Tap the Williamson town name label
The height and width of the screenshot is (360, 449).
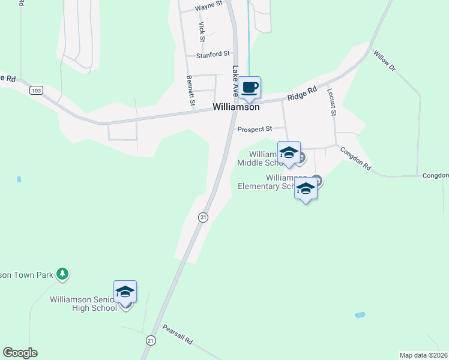tap(236, 107)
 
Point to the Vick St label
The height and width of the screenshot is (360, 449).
tap(202, 31)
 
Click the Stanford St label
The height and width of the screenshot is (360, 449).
tap(213, 55)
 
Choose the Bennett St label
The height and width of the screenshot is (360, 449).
tap(190, 91)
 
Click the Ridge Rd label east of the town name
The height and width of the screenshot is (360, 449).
tap(301, 94)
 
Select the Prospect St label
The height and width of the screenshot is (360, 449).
tap(255, 129)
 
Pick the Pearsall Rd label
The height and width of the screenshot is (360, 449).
tap(178, 334)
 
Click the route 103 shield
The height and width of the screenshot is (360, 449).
tap(36, 90)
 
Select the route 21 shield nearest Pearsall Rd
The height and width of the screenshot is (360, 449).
tap(149, 340)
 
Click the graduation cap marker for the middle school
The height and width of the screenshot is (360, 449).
tap(289, 152)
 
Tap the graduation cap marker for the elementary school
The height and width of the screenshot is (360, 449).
tap(306, 188)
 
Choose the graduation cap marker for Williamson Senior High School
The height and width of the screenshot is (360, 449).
tap(125, 292)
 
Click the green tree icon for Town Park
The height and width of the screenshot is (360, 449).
tap(62, 274)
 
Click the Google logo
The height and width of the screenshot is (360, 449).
tap(20, 353)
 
